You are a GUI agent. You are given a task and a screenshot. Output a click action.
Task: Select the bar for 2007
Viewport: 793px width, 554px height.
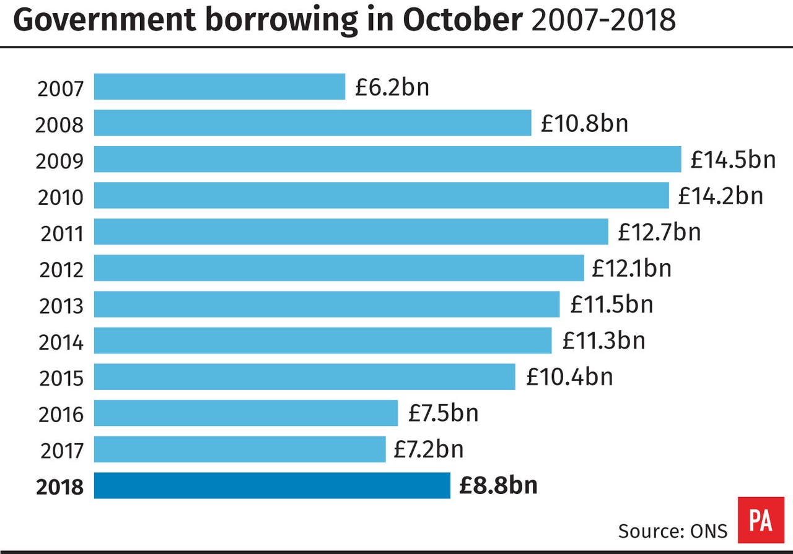[219, 87]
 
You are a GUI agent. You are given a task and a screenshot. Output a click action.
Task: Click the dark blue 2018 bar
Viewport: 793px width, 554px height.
[272, 486]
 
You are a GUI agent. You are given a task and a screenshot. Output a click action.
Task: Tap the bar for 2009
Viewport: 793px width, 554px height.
[387, 159]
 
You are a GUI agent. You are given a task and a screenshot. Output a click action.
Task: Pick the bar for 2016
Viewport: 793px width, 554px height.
[245, 413]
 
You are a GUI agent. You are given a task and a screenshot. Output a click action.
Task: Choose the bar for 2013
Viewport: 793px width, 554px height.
[326, 304]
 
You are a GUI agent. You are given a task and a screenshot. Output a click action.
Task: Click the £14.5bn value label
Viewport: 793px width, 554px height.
[733, 160]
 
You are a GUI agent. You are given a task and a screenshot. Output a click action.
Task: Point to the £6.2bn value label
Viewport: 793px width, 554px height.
[392, 87]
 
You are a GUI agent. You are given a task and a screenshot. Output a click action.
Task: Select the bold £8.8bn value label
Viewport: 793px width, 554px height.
[498, 486]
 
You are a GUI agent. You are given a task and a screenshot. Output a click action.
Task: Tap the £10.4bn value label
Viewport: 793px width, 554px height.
[569, 376]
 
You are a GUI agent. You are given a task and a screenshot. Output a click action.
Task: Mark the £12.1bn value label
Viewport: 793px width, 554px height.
[631, 268]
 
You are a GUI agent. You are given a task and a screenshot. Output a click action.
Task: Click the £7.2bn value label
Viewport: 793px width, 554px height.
[428, 449]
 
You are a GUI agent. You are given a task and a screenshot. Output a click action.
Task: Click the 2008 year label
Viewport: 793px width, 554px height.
[59, 125]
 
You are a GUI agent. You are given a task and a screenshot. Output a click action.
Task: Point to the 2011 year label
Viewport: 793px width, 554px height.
[61, 234]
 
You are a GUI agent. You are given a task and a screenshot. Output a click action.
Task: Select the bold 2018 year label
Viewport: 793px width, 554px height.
[59, 487]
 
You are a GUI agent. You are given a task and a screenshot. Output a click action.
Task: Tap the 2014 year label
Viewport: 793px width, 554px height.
[61, 342]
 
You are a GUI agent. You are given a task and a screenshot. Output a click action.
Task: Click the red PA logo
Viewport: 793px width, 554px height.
[760, 521]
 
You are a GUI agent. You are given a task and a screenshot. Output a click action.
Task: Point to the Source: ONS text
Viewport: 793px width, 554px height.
[672, 530]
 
